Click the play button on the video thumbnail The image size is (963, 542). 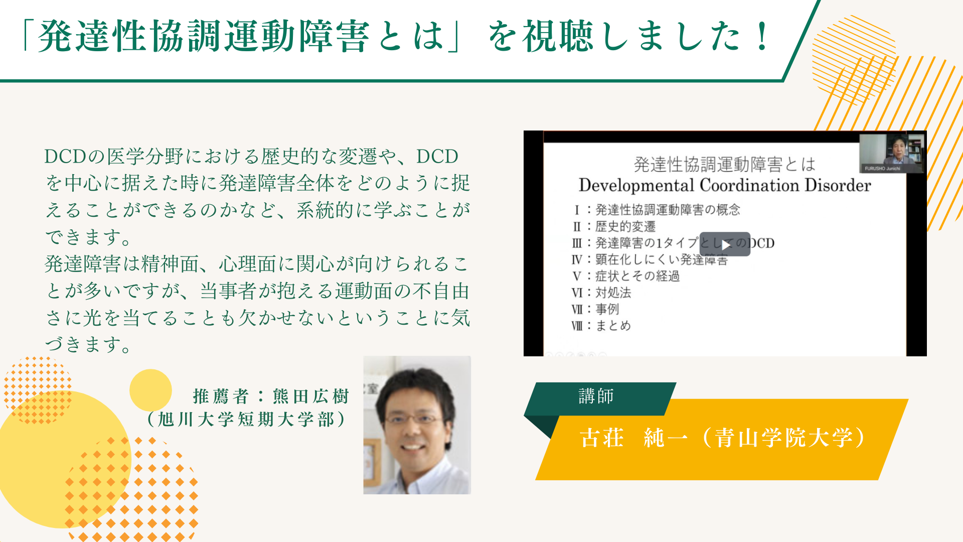click(x=725, y=244)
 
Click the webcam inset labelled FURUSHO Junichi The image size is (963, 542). click(x=892, y=153)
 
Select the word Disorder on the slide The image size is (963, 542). click(x=838, y=185)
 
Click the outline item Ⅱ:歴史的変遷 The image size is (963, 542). click(x=614, y=226)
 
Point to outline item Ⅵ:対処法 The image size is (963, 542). click(x=601, y=293)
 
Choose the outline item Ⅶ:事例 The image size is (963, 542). click(x=595, y=309)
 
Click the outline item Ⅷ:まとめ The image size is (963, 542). click(x=601, y=326)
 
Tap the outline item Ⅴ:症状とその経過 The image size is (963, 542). click(x=625, y=276)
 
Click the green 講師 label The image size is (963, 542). click(x=596, y=396)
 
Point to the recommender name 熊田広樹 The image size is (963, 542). click(x=311, y=396)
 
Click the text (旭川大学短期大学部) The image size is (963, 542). click(x=246, y=419)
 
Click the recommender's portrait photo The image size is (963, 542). click(x=417, y=425)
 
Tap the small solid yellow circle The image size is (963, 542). click(x=150, y=390)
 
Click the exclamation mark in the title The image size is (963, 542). click(x=762, y=36)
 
